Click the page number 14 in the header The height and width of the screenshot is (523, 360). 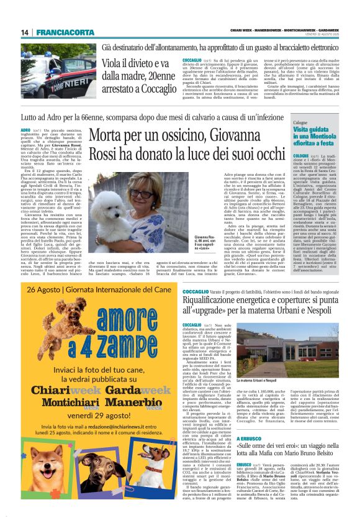[x=25, y=32]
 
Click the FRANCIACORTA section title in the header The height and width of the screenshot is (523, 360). [x=55, y=32]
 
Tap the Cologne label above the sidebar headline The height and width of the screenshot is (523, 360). [x=301, y=123]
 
